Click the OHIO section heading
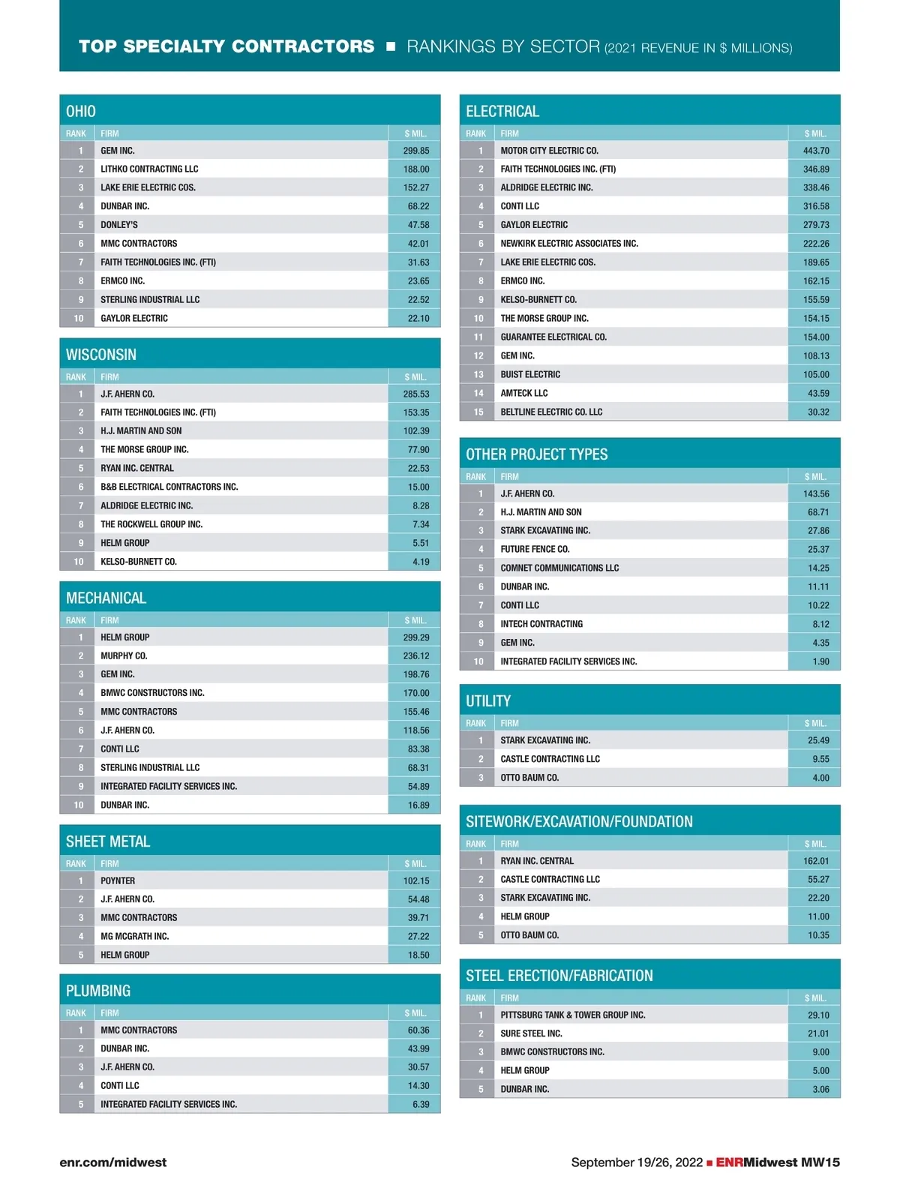click(81, 112)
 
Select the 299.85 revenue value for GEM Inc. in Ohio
click(416, 151)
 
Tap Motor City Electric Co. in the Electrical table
click(549, 151)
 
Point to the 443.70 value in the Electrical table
click(816, 151)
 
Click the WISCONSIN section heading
click(101, 355)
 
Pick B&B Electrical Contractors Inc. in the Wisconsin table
click(169, 487)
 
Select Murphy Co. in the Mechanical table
click(124, 655)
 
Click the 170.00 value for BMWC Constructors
click(416, 693)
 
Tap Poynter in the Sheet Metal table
click(118, 880)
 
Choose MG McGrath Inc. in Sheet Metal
click(134, 936)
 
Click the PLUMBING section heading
click(98, 991)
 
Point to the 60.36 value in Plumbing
click(418, 1030)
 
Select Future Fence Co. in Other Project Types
click(535, 549)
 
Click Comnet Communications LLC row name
click(559, 568)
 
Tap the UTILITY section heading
click(488, 701)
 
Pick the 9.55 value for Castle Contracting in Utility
click(820, 759)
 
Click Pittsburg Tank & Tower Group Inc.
click(572, 1015)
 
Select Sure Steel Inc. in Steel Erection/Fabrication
click(531, 1033)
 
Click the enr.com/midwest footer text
click(113, 1162)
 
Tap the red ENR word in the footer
click(729, 1162)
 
